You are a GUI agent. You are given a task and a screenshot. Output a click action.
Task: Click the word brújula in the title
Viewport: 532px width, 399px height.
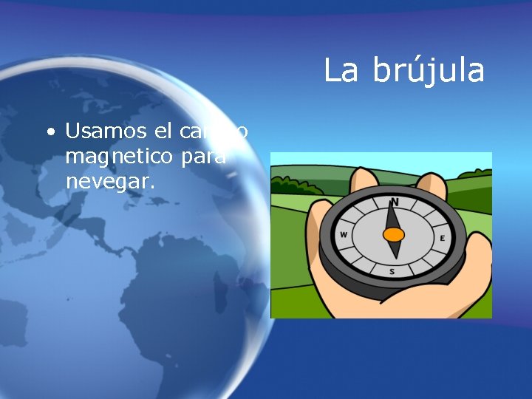[x=429, y=72]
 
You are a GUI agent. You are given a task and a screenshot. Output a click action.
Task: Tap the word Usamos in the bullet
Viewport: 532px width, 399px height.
[x=107, y=132]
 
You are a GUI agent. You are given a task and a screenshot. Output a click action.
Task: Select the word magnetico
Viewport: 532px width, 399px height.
[x=115, y=157]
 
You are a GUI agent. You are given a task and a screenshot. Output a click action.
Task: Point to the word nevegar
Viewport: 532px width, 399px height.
[x=110, y=182]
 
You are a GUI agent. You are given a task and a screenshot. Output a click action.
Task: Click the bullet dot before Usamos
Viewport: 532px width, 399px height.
[x=50, y=133]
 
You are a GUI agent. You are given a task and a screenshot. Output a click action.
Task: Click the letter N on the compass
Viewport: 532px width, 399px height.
[x=395, y=202]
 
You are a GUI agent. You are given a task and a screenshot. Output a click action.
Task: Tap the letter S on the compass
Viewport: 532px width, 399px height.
[x=392, y=271]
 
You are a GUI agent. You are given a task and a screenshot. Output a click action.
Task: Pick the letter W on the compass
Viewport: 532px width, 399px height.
[x=344, y=236]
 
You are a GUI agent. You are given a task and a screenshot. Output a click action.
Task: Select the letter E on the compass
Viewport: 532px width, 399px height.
[x=442, y=238]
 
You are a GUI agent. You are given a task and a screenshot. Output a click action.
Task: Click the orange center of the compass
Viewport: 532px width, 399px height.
[x=394, y=235]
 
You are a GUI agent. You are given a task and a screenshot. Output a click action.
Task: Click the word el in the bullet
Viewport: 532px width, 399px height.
[x=163, y=132]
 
